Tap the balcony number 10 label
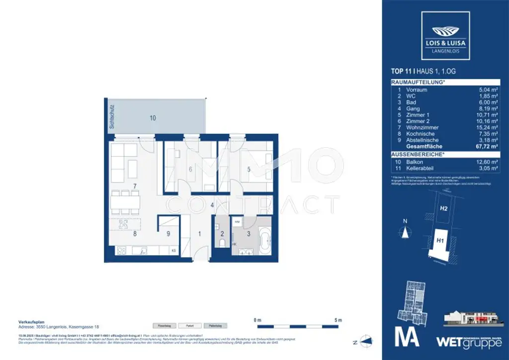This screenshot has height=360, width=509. pos(153,118)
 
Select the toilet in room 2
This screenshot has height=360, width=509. pos(223,242)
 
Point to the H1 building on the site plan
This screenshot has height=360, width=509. pos(439,241)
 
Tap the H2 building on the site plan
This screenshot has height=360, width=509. pos(443,209)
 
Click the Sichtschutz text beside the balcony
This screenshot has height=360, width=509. pos(113,117)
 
